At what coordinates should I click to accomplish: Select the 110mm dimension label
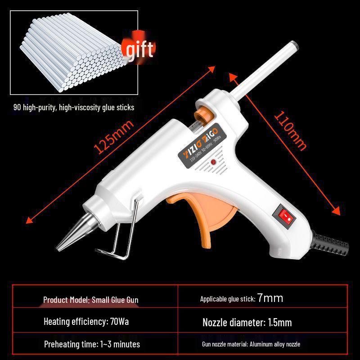click(x=290, y=130)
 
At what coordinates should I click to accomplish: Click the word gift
click(x=139, y=49)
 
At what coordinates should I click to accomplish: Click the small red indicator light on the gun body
click(x=213, y=163)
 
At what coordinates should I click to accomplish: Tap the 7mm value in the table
click(x=270, y=298)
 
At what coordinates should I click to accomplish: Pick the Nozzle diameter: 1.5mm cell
click(x=247, y=322)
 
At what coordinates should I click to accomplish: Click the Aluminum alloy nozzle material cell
click(x=251, y=344)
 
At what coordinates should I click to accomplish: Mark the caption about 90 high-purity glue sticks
click(x=73, y=108)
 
